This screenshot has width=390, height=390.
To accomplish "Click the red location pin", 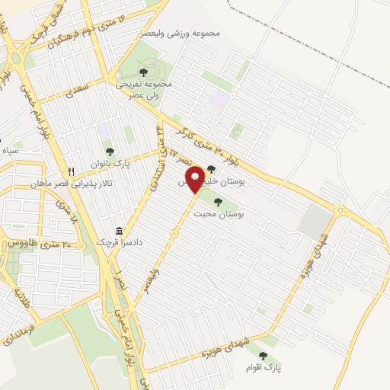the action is (195, 178).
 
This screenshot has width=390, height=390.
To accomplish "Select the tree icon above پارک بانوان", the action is (109, 152).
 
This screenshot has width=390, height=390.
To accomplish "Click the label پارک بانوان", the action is (111, 163).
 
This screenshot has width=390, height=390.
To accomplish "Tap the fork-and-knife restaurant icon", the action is (71, 171).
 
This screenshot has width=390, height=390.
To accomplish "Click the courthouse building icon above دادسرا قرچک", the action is (118, 231).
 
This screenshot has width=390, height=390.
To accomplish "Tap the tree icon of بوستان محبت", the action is (219, 202).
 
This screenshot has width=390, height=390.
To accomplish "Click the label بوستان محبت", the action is (219, 215).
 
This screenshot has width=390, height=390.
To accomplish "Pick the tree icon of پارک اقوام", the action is (263, 355).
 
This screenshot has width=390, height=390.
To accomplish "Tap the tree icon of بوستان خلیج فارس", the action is (211, 169).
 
